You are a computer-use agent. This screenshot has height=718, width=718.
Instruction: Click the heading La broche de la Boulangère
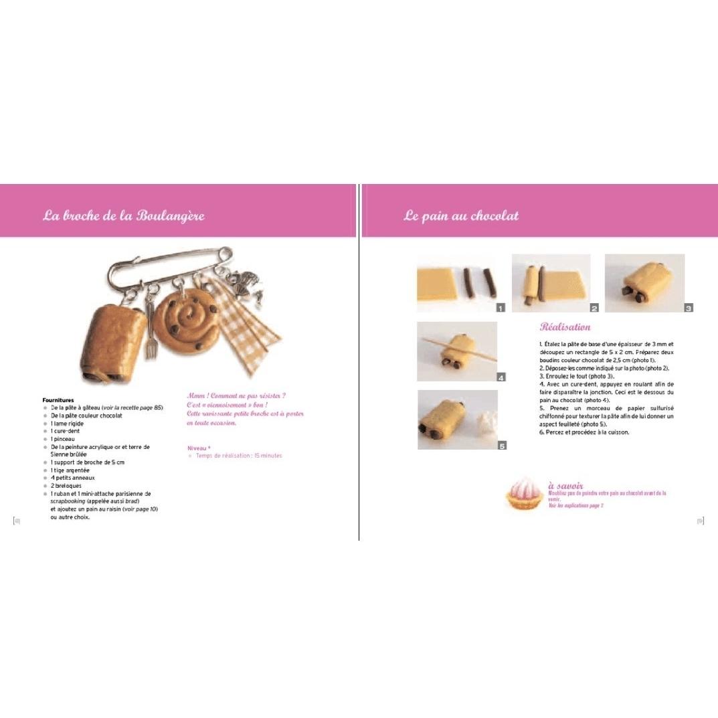[124, 215]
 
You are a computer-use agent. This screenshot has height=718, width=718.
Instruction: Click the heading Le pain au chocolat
[461, 215]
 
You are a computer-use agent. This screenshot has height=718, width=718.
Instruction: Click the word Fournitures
[58, 400]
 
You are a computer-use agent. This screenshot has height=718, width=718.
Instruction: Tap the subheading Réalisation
[565, 327]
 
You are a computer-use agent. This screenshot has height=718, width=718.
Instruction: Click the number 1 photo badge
[500, 308]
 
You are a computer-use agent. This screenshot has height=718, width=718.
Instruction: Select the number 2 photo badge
[594, 308]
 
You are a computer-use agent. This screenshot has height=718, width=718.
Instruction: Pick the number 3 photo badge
[689, 308]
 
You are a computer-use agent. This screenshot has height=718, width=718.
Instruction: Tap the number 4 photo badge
[501, 377]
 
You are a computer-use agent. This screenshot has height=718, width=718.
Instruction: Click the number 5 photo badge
[502, 445]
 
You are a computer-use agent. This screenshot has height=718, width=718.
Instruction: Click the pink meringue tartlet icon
[525, 493]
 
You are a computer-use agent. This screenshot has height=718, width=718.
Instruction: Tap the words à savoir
[565, 485]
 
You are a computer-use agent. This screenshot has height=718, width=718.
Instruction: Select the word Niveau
[197, 448]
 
